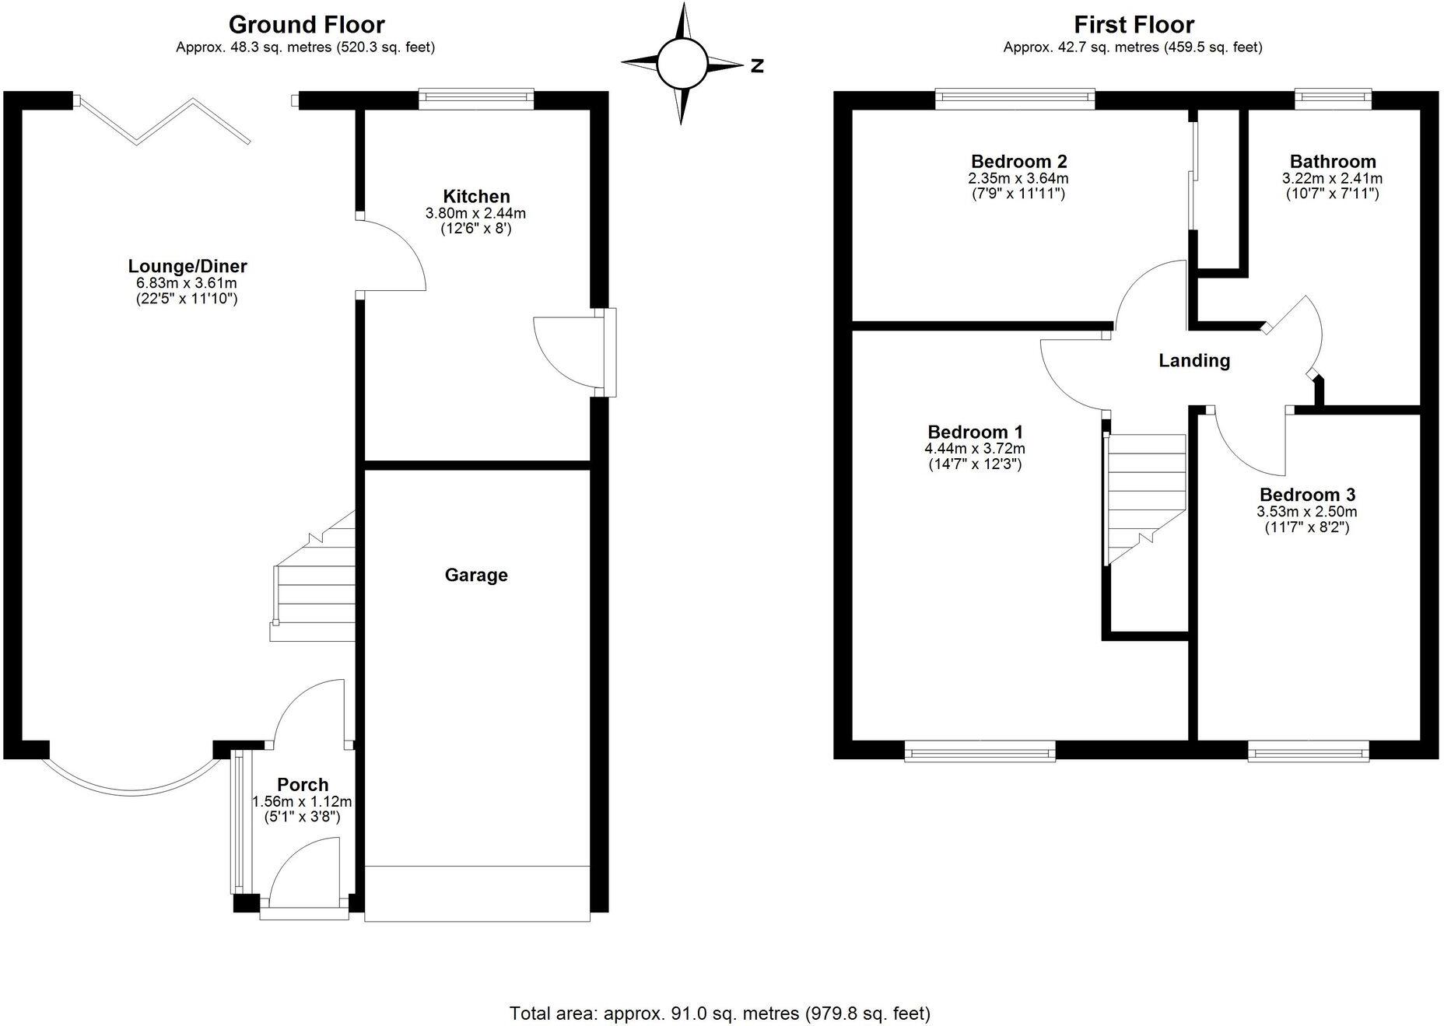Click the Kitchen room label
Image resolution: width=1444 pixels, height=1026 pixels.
tap(476, 196)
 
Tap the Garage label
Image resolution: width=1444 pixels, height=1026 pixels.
tap(476, 575)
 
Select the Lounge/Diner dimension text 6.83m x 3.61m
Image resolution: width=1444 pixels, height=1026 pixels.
tap(186, 283)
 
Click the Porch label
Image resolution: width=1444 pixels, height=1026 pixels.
tap(303, 784)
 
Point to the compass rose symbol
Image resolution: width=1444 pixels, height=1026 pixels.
tap(682, 64)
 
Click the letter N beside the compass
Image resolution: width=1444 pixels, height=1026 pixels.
tap(757, 66)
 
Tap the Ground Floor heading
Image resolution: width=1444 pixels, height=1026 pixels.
tap(306, 25)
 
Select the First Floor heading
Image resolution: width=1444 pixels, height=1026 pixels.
tap(1133, 25)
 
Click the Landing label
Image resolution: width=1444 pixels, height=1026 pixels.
tap(1193, 360)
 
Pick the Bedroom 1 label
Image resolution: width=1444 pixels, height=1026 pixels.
tap(975, 432)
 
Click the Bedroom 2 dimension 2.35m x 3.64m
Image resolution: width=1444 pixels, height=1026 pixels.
tap(1018, 178)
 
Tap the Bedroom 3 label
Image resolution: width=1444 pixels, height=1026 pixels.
tap(1306, 495)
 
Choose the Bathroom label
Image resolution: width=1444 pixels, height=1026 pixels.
tap(1332, 162)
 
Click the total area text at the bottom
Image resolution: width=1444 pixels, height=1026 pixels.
tap(720, 1013)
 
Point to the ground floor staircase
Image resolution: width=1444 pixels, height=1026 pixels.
tap(315, 580)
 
